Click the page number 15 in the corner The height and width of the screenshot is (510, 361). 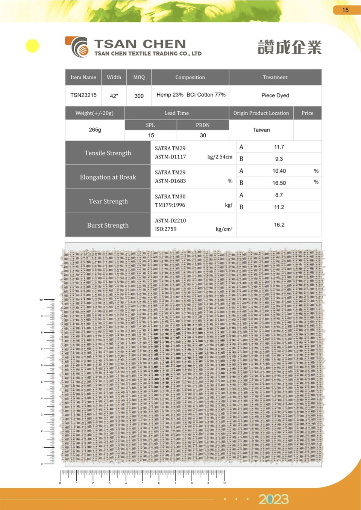pos(345,10)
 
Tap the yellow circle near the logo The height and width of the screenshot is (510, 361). pos(32,46)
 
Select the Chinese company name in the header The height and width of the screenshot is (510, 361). pos(290,47)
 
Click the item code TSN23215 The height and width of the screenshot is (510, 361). pos(83,95)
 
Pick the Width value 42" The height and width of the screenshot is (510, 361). pos(114,96)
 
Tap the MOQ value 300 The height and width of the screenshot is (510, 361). pos(139,96)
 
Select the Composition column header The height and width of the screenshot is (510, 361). pos(190,77)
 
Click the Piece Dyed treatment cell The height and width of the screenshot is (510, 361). pos(275,95)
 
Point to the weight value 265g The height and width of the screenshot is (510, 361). pos(95,130)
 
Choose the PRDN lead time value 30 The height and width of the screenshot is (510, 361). pos(203,135)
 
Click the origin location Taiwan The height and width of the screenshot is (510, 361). pos(261,130)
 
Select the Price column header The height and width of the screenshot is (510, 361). pos(307,113)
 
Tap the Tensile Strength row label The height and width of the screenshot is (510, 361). pos(108,153)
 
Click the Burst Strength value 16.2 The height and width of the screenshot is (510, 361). pos(279,225)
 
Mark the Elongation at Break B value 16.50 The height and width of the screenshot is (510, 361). pos(279,183)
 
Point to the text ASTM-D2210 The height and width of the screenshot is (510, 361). pos(170,220)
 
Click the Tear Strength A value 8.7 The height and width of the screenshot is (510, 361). pos(279,195)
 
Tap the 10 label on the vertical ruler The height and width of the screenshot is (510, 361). pos(41,300)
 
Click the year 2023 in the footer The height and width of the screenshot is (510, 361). pos(273,499)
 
